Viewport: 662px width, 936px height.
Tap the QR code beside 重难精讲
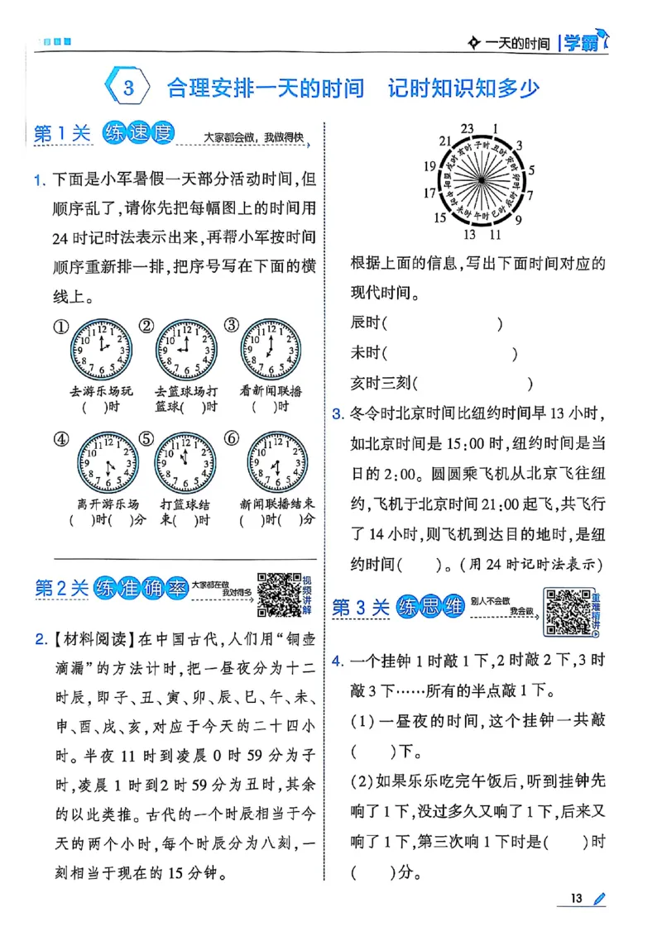568,613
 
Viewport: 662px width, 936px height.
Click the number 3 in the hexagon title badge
128,88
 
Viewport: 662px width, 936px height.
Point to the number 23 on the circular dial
468,128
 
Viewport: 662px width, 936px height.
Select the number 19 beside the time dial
429,166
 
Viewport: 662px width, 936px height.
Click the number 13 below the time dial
469,234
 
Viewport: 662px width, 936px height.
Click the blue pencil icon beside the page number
600,898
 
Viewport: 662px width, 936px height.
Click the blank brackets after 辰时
444,324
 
